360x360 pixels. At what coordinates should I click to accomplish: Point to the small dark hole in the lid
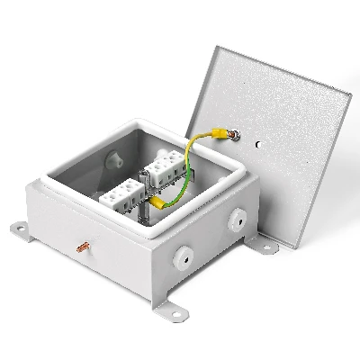258,143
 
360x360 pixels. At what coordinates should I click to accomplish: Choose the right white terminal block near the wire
167,167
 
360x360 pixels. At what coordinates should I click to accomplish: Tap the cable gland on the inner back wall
115,160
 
